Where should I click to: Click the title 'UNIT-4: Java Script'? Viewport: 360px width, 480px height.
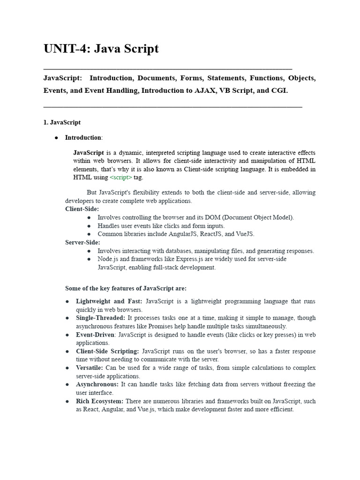101,49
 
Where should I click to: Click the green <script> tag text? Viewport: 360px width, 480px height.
121,177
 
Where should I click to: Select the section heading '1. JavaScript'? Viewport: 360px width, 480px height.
62,122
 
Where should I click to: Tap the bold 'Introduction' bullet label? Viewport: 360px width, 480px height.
83,137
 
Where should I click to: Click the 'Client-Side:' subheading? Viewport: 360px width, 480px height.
82,209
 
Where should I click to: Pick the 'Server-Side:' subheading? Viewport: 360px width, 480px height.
82,242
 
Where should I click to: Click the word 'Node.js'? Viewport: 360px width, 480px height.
108,259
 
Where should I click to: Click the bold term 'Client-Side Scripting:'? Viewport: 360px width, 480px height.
107,351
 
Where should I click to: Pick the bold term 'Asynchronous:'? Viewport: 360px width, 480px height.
97,384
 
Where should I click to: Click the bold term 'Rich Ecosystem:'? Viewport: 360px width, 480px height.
100,401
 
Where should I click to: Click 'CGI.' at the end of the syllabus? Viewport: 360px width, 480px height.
280,90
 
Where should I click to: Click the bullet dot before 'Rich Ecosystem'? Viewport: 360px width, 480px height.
67,401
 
